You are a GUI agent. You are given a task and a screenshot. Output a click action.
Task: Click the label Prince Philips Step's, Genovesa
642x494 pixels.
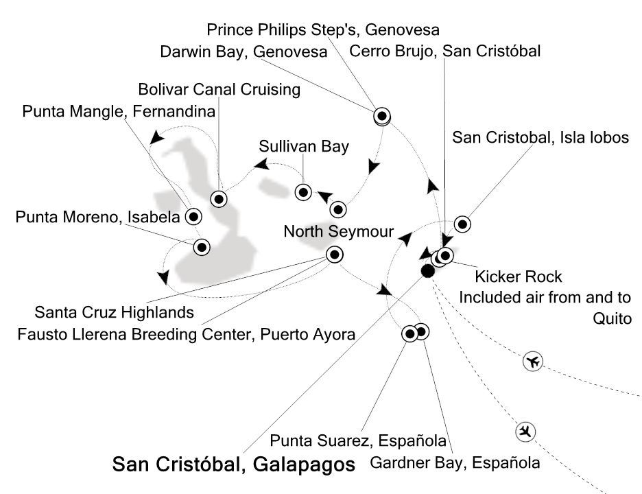[x=322, y=30]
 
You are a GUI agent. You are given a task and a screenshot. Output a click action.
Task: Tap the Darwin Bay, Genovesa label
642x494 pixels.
[x=243, y=51]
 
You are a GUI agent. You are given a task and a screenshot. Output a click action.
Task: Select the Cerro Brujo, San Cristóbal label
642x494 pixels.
[x=445, y=51]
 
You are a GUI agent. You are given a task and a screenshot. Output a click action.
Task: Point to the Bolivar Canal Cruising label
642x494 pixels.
[x=219, y=89]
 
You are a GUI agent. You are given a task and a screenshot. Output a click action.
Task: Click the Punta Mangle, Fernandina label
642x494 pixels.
[x=119, y=110]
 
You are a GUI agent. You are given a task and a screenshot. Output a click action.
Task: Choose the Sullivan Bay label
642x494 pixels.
[x=304, y=146]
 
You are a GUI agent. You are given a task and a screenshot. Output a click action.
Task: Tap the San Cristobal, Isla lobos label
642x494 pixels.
[x=540, y=137]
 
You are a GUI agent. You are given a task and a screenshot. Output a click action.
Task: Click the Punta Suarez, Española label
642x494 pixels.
[x=358, y=440]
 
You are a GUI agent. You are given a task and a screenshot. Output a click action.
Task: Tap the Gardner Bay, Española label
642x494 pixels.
[x=455, y=462]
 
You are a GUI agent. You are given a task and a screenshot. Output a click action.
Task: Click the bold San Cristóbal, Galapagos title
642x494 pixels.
[x=233, y=465]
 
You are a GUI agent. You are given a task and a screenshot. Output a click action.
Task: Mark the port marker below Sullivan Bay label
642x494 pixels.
[x=302, y=191]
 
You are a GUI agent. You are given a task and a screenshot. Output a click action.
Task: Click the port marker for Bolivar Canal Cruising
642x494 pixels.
[x=219, y=199]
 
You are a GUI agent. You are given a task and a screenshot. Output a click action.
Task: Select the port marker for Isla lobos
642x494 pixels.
[x=462, y=224]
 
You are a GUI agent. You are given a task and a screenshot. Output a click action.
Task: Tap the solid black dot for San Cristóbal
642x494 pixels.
[x=427, y=271]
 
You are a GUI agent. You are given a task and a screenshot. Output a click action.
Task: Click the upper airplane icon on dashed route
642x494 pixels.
[x=532, y=361]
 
